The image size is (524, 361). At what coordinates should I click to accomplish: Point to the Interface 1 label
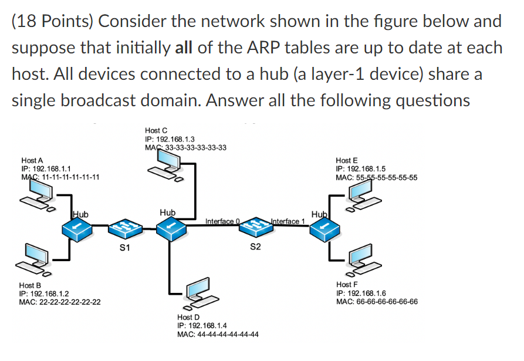pos(288,221)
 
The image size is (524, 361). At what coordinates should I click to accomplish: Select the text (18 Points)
pos(52,22)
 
